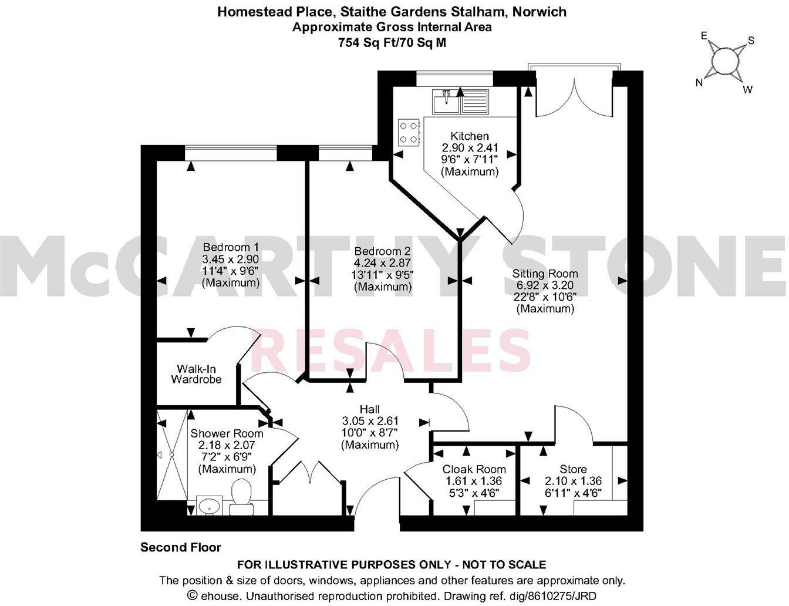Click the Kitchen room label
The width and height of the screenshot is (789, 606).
pos(469,136)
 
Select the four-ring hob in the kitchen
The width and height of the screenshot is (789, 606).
pos(409,132)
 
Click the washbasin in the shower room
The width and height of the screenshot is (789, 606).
pos(209,505)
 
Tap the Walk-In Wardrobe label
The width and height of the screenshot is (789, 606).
pos(196,374)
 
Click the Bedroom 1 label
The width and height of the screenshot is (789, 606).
pos(230,247)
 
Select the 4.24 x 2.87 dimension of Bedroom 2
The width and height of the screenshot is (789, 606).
pos(383,263)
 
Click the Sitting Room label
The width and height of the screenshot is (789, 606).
pos(545,274)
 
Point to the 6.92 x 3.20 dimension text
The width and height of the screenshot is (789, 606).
pos(545,285)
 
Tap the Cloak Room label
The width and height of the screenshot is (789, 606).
pos(474,469)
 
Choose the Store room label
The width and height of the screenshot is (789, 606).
pos(573,469)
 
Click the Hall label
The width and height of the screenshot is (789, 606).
pos(369,409)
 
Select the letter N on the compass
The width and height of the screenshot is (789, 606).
pos(699,83)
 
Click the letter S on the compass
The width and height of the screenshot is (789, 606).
pos(750,41)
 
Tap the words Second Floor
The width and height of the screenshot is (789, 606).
pos(181,548)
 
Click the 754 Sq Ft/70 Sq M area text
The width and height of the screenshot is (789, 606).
pos(392,42)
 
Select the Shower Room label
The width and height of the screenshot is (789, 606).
pos(227,433)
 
